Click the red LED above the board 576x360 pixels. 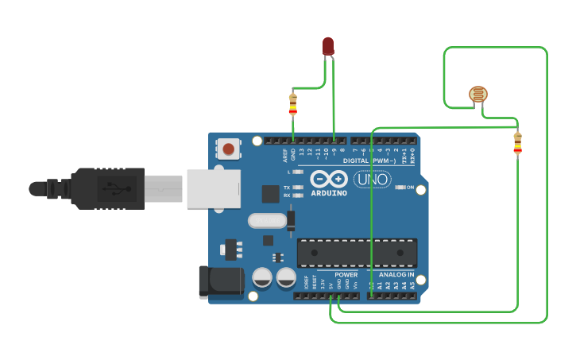[328, 45]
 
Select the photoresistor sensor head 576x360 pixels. [477, 95]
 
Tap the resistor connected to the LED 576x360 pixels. [292, 103]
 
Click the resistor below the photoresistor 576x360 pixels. [517, 143]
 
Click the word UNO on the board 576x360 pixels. [371, 180]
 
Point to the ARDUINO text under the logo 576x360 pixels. [328, 193]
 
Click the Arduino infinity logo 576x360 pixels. [329, 179]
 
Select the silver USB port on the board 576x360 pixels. [213, 189]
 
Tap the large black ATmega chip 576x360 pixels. [357, 253]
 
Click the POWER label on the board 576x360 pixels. [346, 274]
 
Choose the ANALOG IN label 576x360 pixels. [396, 274]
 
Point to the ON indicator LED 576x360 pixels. [400, 188]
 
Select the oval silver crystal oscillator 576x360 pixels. [266, 221]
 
